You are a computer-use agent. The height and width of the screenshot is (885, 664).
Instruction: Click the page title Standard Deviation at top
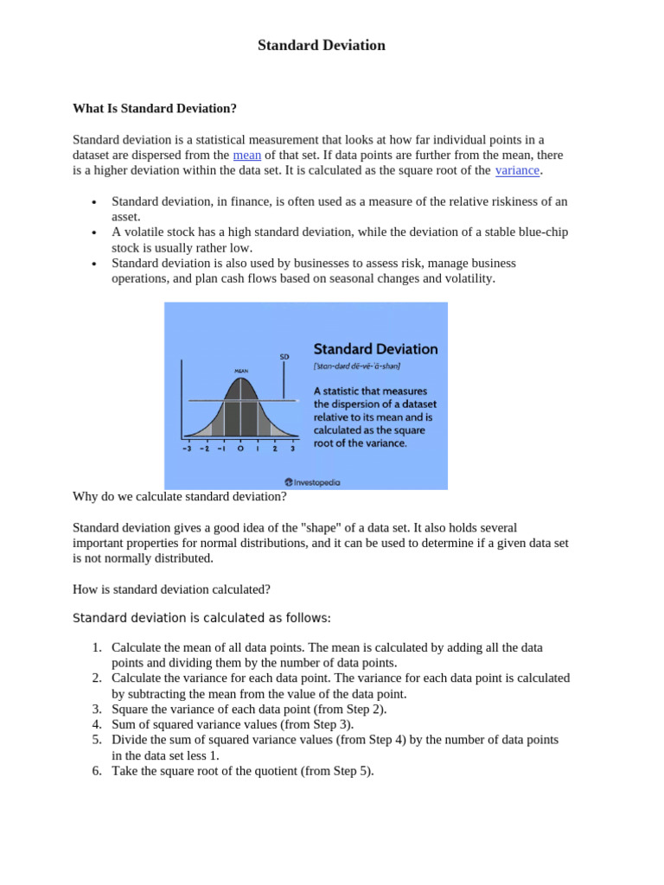pyautogui.click(x=322, y=46)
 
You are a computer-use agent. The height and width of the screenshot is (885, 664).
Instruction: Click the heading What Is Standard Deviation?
pyautogui.click(x=154, y=109)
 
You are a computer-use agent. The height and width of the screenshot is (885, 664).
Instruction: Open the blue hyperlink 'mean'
pyautogui.click(x=247, y=155)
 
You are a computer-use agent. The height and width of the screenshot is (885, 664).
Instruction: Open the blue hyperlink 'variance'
pyautogui.click(x=517, y=171)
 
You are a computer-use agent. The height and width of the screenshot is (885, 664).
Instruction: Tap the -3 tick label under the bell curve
pyautogui.click(x=187, y=449)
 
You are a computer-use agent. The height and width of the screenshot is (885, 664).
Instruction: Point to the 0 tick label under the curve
pyautogui.click(x=240, y=449)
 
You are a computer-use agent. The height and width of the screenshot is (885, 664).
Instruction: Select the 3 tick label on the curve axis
pyautogui.click(x=292, y=449)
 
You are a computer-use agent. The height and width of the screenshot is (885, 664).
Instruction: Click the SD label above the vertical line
pyautogui.click(x=284, y=356)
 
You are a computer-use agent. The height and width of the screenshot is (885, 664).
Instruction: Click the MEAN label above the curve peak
pyautogui.click(x=241, y=371)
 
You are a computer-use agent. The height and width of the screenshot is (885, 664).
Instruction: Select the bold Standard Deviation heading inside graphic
pyautogui.click(x=375, y=349)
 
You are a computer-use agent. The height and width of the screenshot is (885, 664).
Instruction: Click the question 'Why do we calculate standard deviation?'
pyautogui.click(x=180, y=497)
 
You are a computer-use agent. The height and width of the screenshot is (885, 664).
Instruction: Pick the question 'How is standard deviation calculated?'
pyautogui.click(x=171, y=589)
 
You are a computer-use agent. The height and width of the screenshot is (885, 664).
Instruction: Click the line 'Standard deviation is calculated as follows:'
pyautogui.click(x=201, y=618)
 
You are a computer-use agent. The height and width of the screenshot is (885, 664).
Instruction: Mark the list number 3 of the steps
pyautogui.click(x=97, y=710)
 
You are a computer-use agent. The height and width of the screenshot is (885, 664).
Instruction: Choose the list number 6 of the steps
pyautogui.click(x=97, y=772)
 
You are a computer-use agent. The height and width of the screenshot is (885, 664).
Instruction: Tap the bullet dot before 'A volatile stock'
pyautogui.click(x=93, y=233)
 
